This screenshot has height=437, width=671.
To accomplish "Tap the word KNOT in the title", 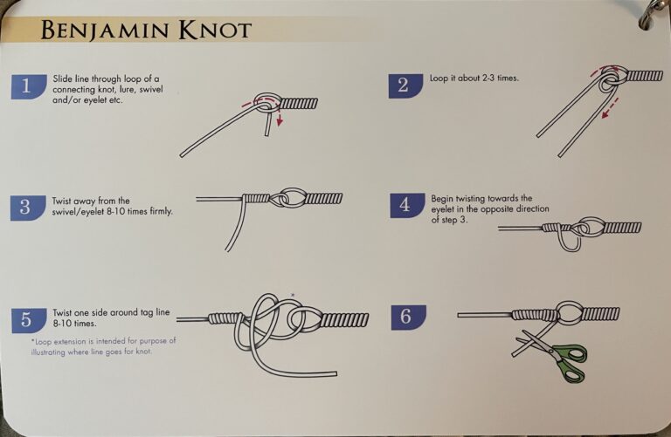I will [215, 31].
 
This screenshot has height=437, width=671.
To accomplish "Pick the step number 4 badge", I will [405, 205].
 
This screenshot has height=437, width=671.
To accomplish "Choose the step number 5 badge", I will [28, 319].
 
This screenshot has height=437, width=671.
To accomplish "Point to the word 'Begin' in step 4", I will [443, 199].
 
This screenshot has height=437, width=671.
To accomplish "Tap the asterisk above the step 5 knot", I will [292, 295].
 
